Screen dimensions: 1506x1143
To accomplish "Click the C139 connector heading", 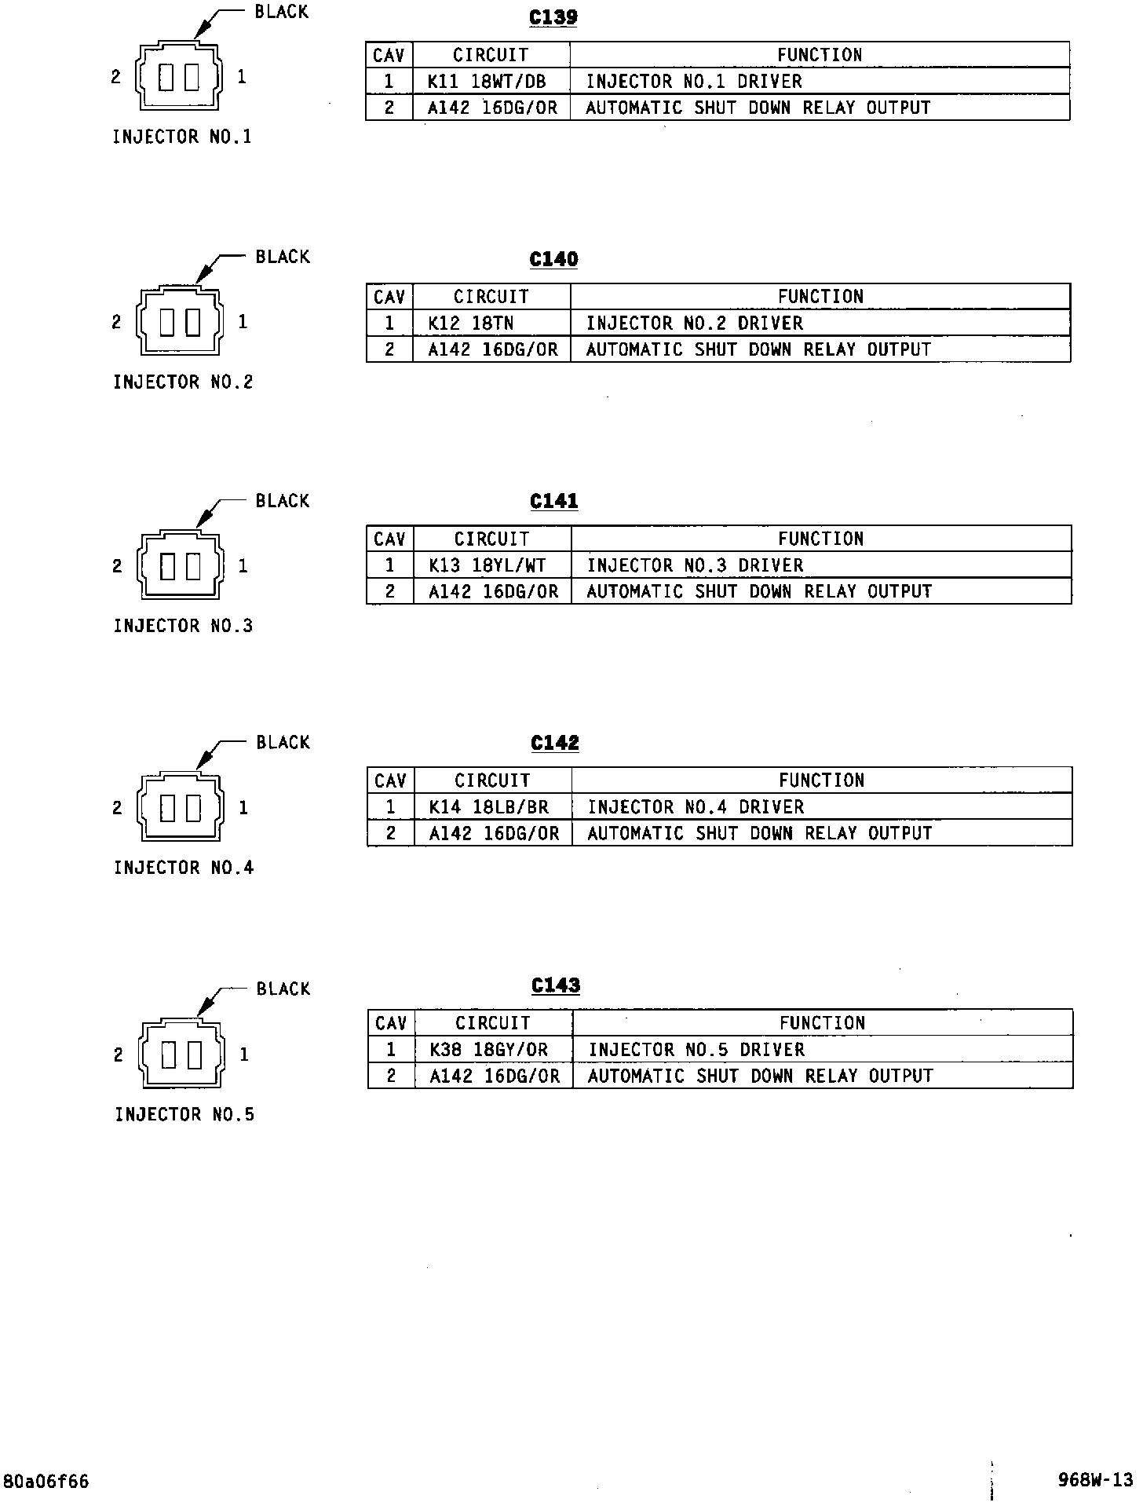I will click(x=553, y=17).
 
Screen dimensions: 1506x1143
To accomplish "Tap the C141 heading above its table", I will click(x=554, y=501).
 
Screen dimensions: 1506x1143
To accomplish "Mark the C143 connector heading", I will click(x=556, y=985).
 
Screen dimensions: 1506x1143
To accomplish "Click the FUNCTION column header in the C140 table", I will click(x=820, y=297).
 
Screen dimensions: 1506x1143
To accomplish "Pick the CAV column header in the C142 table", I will click(x=390, y=780).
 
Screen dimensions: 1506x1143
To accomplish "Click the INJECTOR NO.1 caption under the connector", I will click(x=182, y=137).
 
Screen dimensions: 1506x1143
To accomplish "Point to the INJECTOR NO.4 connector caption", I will click(x=184, y=868).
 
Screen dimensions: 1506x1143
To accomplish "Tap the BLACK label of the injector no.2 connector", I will click(x=283, y=257).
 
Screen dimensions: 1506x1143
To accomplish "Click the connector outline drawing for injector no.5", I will click(x=181, y=1054).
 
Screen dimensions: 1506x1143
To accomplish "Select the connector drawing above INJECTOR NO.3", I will click(x=180, y=565).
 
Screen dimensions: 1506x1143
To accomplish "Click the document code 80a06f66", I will click(x=46, y=1482).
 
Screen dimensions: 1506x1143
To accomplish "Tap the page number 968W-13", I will click(x=1096, y=1480).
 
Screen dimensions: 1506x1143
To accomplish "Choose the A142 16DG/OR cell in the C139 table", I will click(x=492, y=108).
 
